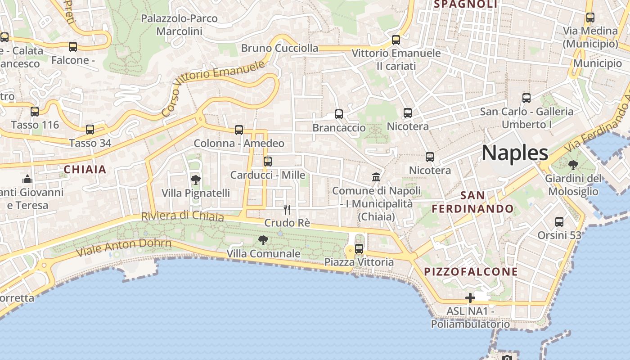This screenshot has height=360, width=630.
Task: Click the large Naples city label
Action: (515, 153)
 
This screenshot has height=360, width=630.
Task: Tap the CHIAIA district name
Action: (85, 170)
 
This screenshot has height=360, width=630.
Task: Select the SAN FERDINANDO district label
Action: (472, 202)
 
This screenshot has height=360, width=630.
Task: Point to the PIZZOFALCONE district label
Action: (471, 272)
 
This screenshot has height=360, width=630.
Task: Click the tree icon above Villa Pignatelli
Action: (196, 180)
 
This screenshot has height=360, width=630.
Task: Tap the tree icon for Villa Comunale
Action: (263, 240)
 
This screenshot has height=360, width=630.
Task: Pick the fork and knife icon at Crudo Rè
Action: (287, 209)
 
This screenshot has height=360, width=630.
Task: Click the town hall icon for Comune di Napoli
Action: (376, 177)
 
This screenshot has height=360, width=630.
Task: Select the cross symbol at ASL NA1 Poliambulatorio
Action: (470, 298)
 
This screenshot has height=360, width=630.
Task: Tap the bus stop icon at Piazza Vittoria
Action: (359, 248)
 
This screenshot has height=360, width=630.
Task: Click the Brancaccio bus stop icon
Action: (339, 114)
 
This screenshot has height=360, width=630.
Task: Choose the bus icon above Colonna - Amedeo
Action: (239, 130)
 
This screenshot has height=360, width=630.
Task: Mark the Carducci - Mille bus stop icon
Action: (268, 161)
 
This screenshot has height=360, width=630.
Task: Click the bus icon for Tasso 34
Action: (90, 130)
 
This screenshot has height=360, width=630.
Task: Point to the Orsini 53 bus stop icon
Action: (559, 221)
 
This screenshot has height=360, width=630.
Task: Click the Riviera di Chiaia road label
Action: (182, 216)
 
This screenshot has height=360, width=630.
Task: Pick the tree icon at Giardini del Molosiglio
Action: (573, 165)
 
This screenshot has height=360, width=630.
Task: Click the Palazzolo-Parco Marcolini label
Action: (179, 25)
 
